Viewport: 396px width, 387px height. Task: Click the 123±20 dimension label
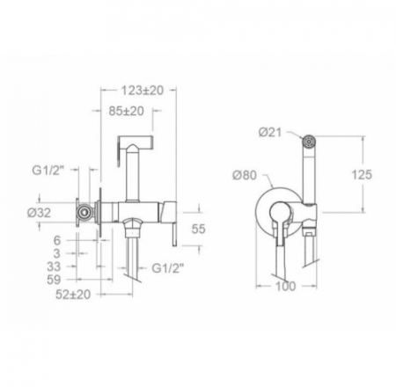142,91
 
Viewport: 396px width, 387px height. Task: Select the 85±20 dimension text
126,111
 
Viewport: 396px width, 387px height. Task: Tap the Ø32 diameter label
39,213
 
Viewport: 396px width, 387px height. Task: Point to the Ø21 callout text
270,133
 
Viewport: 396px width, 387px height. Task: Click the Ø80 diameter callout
245,175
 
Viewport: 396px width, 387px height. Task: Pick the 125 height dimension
362,175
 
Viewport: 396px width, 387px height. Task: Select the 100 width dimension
286,286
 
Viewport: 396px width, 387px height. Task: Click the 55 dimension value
198,229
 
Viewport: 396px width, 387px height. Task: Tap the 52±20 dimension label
73,295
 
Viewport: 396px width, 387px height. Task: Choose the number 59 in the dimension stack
54,280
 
